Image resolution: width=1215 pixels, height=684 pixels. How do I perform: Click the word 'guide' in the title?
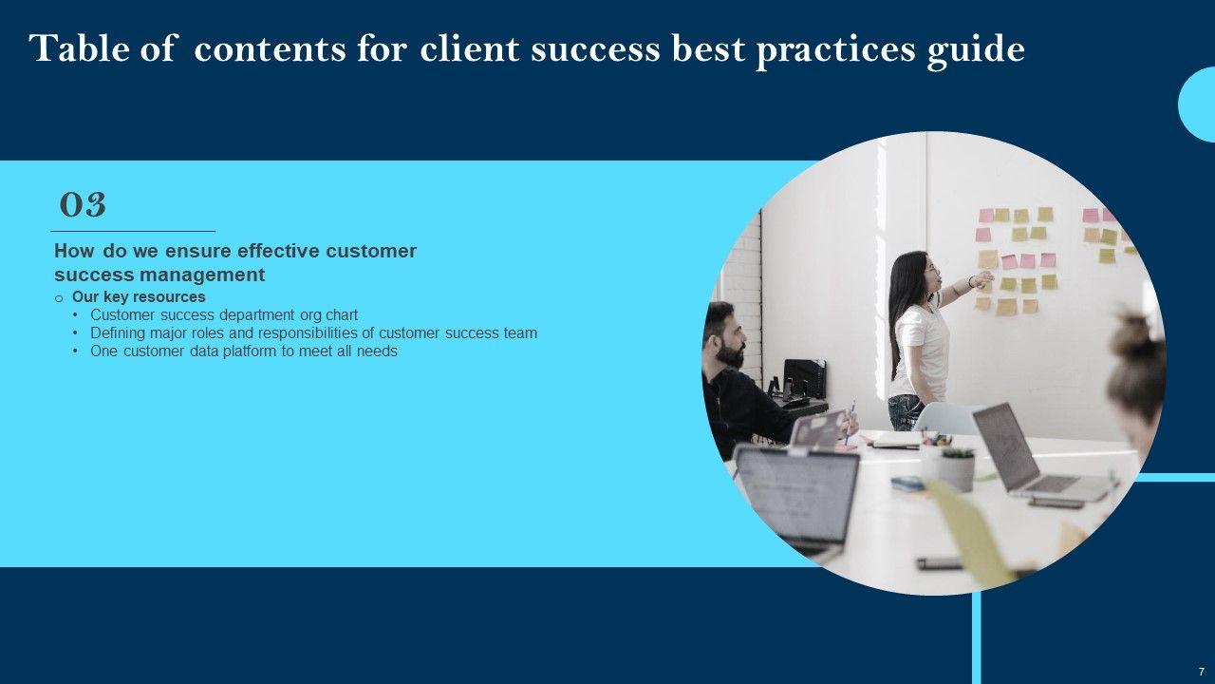975,50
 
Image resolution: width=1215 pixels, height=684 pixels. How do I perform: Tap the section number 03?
83,205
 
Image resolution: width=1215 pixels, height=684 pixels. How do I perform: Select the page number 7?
1201,672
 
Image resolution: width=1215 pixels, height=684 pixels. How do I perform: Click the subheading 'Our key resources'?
139,297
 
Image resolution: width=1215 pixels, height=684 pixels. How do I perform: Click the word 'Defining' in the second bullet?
118,332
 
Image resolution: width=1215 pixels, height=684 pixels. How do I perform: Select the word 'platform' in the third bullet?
249,351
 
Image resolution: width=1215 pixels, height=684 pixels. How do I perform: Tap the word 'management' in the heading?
202,275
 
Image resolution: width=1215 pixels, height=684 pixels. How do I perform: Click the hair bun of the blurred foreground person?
1137,332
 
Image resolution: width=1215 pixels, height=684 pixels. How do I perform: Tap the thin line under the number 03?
133,232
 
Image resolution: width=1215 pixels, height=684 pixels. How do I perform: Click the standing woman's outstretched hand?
982,279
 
